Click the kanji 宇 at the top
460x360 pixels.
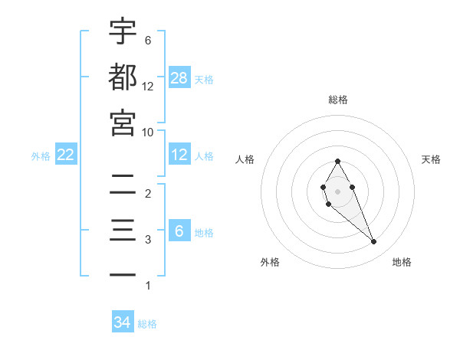123,31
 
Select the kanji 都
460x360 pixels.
123,77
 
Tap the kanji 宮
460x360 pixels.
123,122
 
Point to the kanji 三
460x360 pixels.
123,230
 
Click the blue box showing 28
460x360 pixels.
179,77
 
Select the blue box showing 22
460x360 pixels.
66,155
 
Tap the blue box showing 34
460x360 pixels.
123,322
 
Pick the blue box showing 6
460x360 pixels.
179,231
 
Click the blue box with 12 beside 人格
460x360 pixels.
179,155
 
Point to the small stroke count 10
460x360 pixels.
149,132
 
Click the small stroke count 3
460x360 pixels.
148,240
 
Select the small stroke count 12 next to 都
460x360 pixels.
149,86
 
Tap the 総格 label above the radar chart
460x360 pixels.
337,100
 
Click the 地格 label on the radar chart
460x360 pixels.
402,262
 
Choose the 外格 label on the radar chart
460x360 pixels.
270,262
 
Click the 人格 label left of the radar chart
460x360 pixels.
245,159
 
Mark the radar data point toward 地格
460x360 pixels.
374,242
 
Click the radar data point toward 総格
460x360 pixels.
337,161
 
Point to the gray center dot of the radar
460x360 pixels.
337,190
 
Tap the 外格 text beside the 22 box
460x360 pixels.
41,155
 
